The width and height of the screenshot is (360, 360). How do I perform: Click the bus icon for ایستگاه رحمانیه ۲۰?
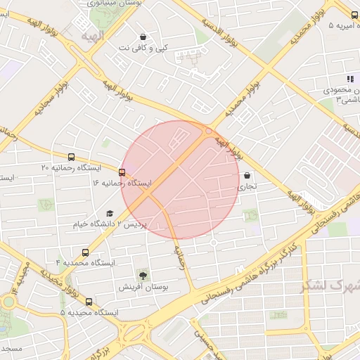(x=70, y=157)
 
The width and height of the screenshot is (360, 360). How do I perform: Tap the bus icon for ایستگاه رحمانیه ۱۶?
(x=122, y=172)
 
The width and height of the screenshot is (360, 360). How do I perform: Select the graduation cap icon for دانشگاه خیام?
(x=109, y=213)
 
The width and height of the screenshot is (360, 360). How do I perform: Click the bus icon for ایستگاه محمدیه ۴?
(x=86, y=252)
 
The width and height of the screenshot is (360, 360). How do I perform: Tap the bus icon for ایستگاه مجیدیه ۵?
(x=89, y=302)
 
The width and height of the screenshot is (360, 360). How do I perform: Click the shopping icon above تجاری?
(x=247, y=176)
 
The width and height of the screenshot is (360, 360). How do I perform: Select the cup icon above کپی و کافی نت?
(x=143, y=37)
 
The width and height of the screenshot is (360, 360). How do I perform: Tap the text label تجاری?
(x=247, y=188)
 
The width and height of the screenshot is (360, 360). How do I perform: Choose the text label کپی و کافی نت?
(x=143, y=48)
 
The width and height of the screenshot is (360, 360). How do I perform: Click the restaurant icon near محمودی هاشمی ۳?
(x=349, y=79)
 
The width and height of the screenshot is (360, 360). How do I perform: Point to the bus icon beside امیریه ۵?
(x=356, y=15)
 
